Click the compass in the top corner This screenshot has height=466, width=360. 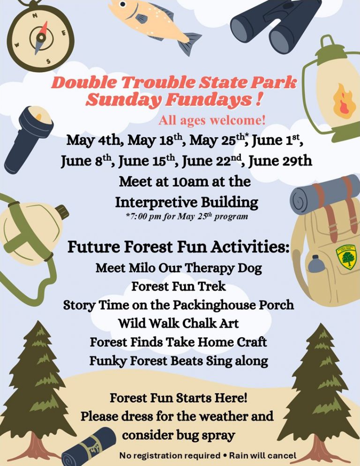(x=40, y=37)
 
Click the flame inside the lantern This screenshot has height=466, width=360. (x=344, y=101)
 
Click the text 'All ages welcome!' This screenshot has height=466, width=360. (x=212, y=120)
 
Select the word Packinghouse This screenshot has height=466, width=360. (x=214, y=305)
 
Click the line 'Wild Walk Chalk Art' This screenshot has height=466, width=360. (x=179, y=323)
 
